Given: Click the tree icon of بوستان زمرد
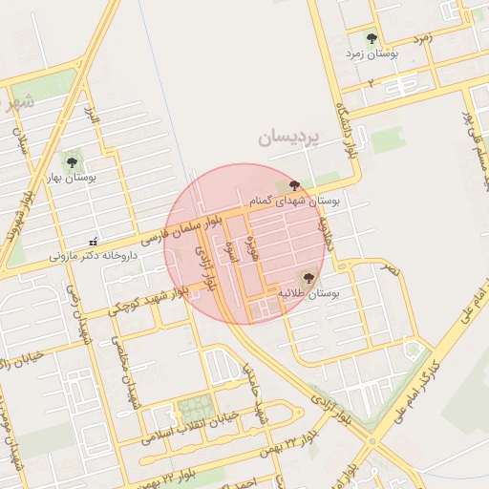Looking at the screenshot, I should [x=372, y=39].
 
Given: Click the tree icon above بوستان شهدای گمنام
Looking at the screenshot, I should [x=294, y=185].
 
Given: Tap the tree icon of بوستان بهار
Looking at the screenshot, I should [x=70, y=159].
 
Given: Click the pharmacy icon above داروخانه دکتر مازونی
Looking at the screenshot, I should [x=93, y=242].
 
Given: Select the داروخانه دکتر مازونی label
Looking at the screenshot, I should [x=87, y=256].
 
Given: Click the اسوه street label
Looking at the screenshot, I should [x=230, y=251].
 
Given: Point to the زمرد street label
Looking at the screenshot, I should [x=422, y=39].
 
